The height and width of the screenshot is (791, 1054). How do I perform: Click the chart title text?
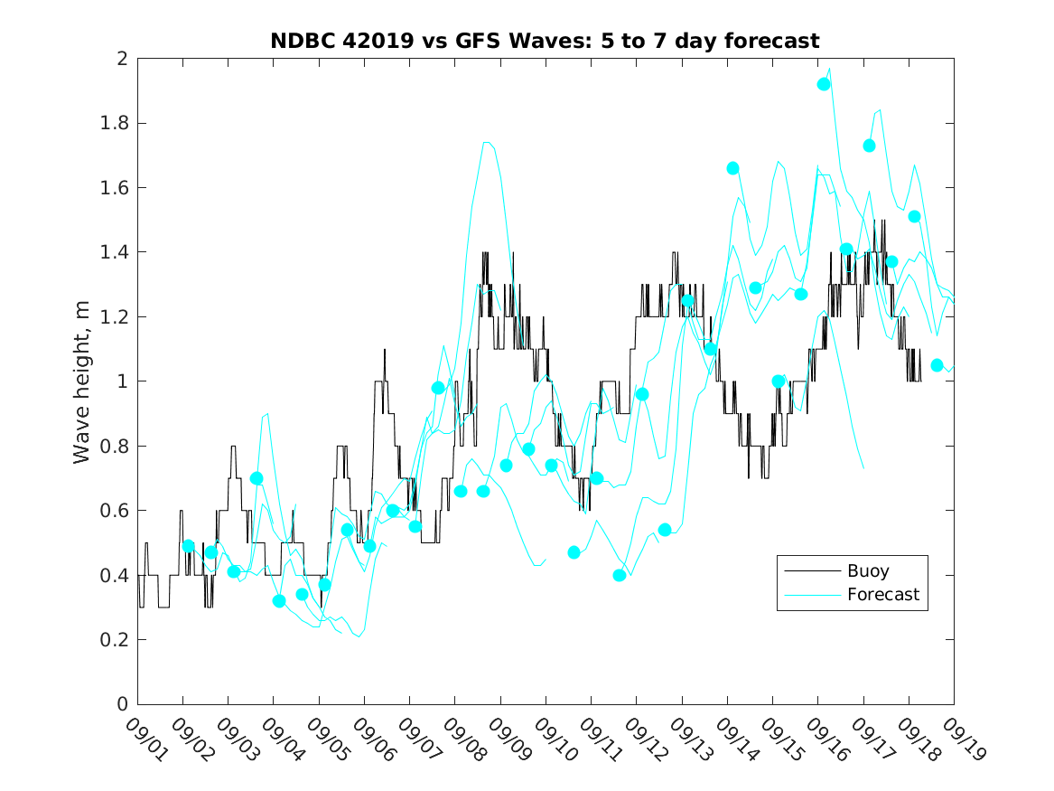(x=545, y=42)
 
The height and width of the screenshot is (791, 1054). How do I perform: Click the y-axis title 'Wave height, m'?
(x=82, y=381)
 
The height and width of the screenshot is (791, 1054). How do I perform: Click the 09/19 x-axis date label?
(x=961, y=740)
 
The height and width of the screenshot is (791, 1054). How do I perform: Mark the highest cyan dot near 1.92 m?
(x=824, y=84)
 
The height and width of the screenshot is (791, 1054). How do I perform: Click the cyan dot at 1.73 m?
(x=869, y=146)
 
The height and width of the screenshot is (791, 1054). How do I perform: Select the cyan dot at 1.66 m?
(x=732, y=168)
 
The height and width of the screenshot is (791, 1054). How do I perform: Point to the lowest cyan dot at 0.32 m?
(x=279, y=601)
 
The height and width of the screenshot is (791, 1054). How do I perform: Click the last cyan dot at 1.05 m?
(x=937, y=365)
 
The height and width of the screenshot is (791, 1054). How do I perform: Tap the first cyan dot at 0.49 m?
(x=188, y=546)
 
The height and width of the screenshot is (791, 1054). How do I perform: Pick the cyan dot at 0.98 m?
(x=438, y=388)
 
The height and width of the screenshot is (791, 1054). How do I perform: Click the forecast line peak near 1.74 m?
(x=488, y=142)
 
